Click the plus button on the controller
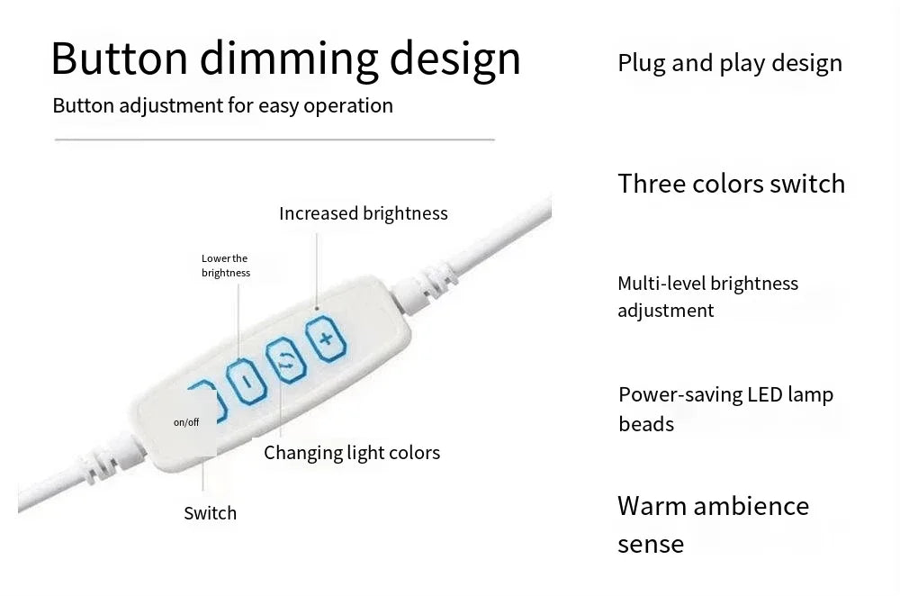[326, 339]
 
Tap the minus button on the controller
[247, 381]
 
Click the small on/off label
[186, 422]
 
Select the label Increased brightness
[364, 213]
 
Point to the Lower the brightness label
[226, 266]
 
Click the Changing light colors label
[352, 453]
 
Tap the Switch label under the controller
[210, 513]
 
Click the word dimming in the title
[289, 58]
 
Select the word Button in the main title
[120, 58]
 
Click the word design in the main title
[455, 58]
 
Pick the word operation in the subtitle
[348, 106]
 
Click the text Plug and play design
[730, 63]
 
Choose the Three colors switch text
[731, 184]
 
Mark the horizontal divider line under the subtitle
[274, 139]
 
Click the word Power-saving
[680, 395]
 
